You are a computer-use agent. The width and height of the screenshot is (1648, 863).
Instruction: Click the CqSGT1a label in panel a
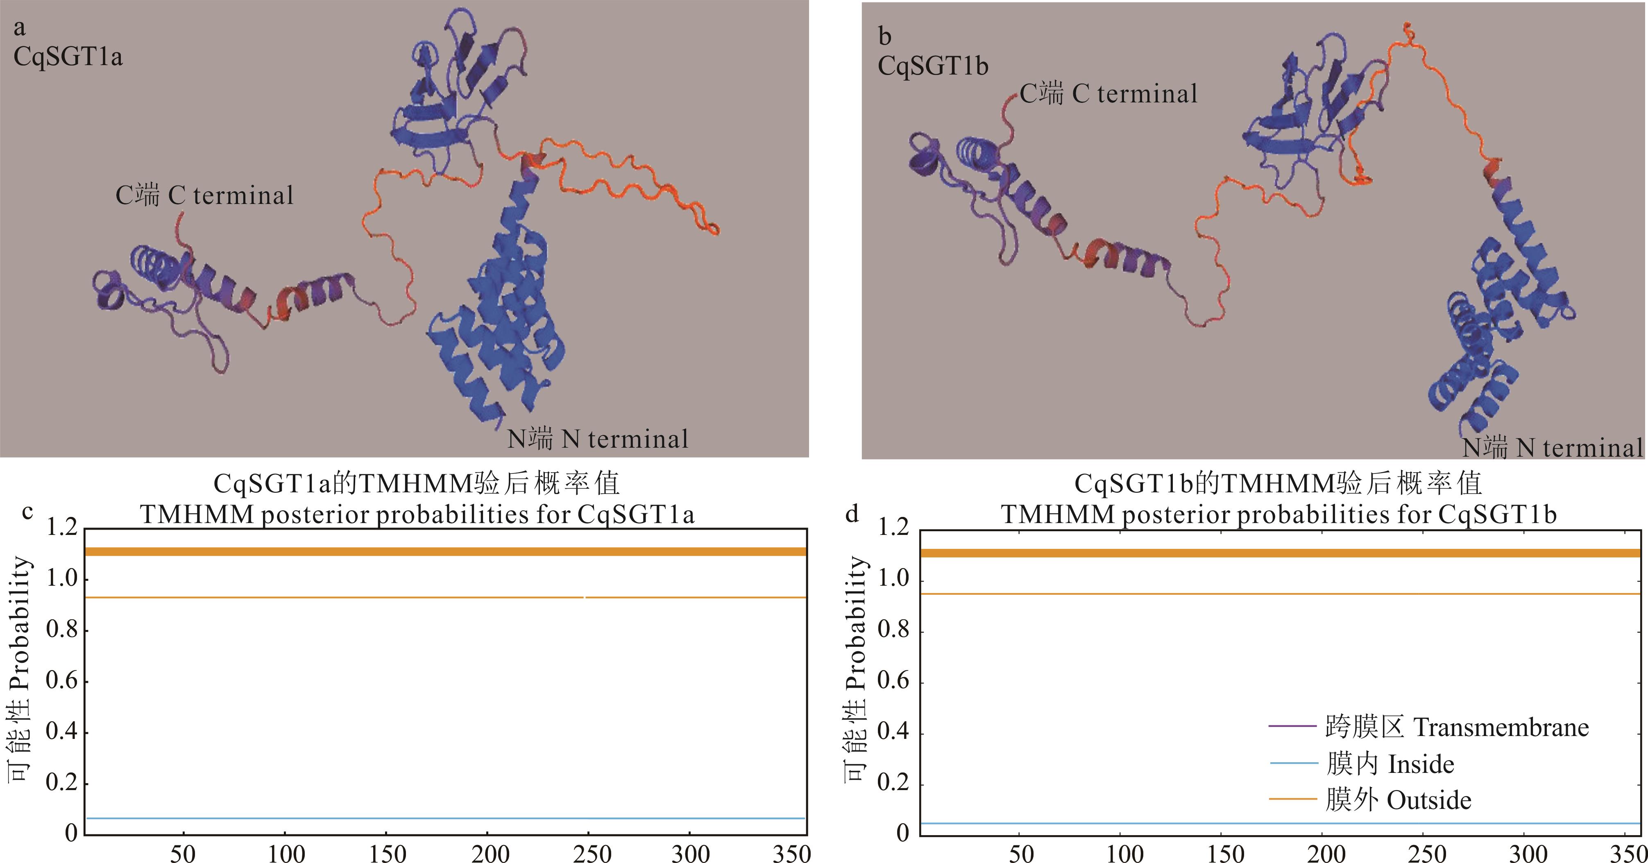tap(68, 57)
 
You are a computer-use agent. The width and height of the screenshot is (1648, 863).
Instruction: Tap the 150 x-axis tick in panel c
tap(388, 854)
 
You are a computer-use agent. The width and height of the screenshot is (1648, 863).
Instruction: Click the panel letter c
tap(27, 512)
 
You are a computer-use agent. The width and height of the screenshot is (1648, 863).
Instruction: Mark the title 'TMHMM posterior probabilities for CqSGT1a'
tap(417, 514)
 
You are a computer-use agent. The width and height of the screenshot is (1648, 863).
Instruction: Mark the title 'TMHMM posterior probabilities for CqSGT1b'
tap(1278, 514)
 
